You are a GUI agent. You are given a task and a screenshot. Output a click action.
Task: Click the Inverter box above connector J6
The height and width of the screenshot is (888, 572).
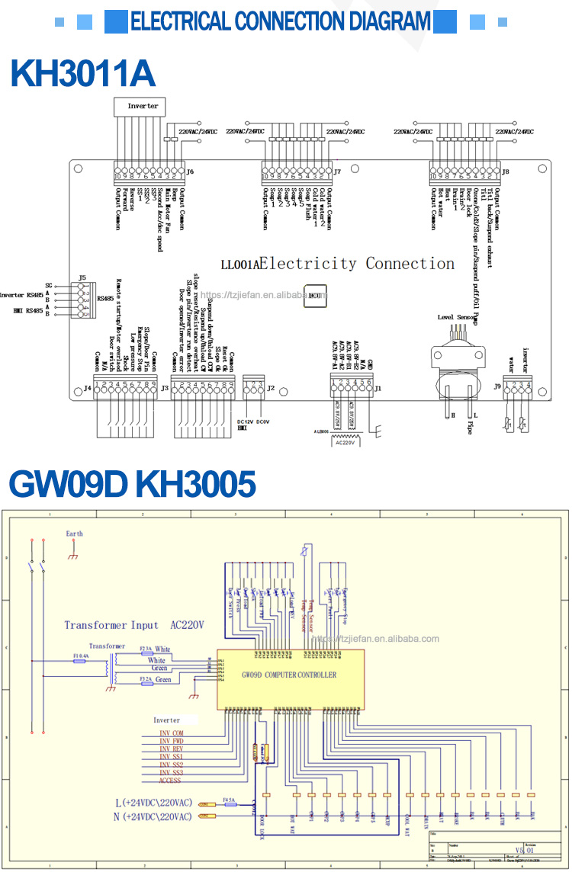pyautogui.click(x=143, y=107)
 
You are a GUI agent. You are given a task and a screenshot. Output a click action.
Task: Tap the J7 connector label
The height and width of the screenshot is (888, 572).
pyautogui.click(x=336, y=172)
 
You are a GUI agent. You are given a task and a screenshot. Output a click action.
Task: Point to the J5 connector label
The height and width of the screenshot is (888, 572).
pyautogui.click(x=82, y=277)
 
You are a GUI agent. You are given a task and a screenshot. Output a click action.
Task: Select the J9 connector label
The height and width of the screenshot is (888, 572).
pyautogui.click(x=497, y=386)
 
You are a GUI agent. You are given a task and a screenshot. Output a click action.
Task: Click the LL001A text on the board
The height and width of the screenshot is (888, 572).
pyautogui.click(x=239, y=264)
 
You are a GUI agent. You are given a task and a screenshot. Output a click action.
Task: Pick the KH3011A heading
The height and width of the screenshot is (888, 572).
pyautogui.click(x=82, y=74)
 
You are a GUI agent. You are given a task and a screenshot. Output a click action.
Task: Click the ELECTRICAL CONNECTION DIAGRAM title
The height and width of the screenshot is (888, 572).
pyautogui.click(x=281, y=21)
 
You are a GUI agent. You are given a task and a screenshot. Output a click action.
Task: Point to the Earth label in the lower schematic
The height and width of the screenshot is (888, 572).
pyautogui.click(x=74, y=534)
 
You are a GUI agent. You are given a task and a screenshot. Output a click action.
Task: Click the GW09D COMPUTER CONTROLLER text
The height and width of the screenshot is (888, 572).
pyautogui.click(x=288, y=675)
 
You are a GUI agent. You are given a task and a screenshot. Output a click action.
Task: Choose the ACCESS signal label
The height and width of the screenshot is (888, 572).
pyautogui.click(x=169, y=781)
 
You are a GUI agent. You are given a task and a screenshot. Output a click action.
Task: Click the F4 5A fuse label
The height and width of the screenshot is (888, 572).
pyautogui.click(x=228, y=800)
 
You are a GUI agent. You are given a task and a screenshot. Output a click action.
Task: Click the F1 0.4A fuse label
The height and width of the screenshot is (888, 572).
pyautogui.click(x=80, y=656)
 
